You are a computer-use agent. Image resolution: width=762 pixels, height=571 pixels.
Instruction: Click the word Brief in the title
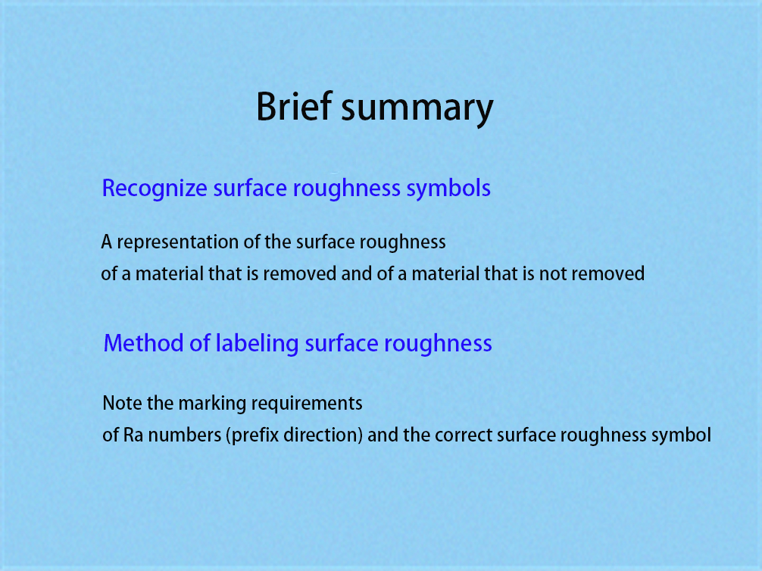[x=294, y=106]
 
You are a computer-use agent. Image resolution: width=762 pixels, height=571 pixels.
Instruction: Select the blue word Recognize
[x=155, y=189]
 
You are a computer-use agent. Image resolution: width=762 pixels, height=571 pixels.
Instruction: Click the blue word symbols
[x=448, y=188]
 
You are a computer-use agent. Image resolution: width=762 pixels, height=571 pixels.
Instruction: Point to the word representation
[x=178, y=242]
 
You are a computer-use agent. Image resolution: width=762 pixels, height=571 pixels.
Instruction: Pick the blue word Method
[x=143, y=343]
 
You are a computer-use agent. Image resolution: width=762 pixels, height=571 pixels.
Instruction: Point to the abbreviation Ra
[x=133, y=435]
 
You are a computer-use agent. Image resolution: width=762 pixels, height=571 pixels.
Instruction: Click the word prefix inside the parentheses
[x=255, y=435]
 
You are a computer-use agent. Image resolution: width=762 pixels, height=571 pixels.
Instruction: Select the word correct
[x=464, y=435]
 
